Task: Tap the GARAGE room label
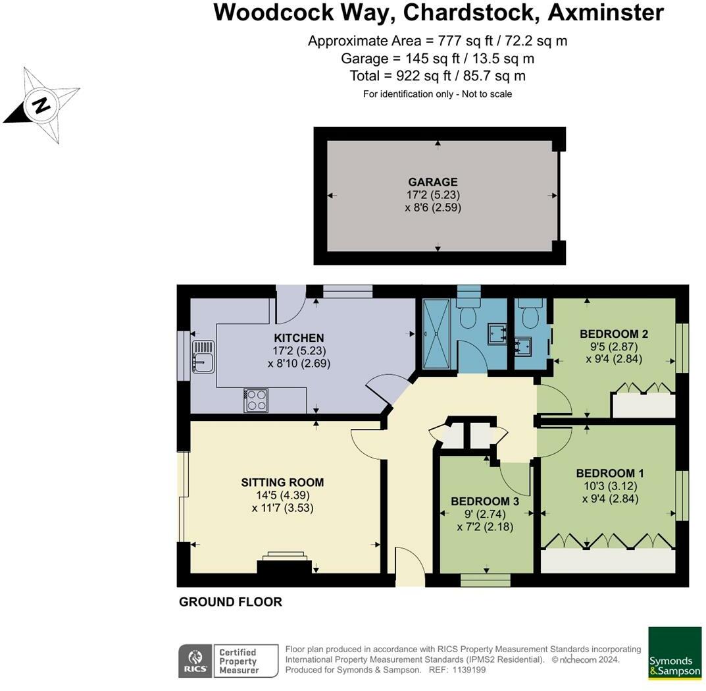click(x=433, y=182)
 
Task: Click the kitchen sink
click(x=203, y=356)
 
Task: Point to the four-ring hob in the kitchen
click(x=256, y=401)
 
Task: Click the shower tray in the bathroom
click(x=436, y=335)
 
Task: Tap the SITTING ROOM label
click(x=282, y=483)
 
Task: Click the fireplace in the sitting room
click(x=284, y=563)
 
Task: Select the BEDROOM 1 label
click(x=610, y=473)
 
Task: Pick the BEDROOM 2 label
click(x=614, y=334)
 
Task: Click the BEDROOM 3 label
click(x=485, y=501)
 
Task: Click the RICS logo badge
click(x=195, y=661)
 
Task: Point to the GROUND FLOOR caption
click(x=230, y=602)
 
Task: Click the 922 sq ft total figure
click(x=422, y=76)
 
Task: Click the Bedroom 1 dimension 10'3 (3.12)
click(x=610, y=486)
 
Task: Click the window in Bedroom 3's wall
click(x=486, y=580)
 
